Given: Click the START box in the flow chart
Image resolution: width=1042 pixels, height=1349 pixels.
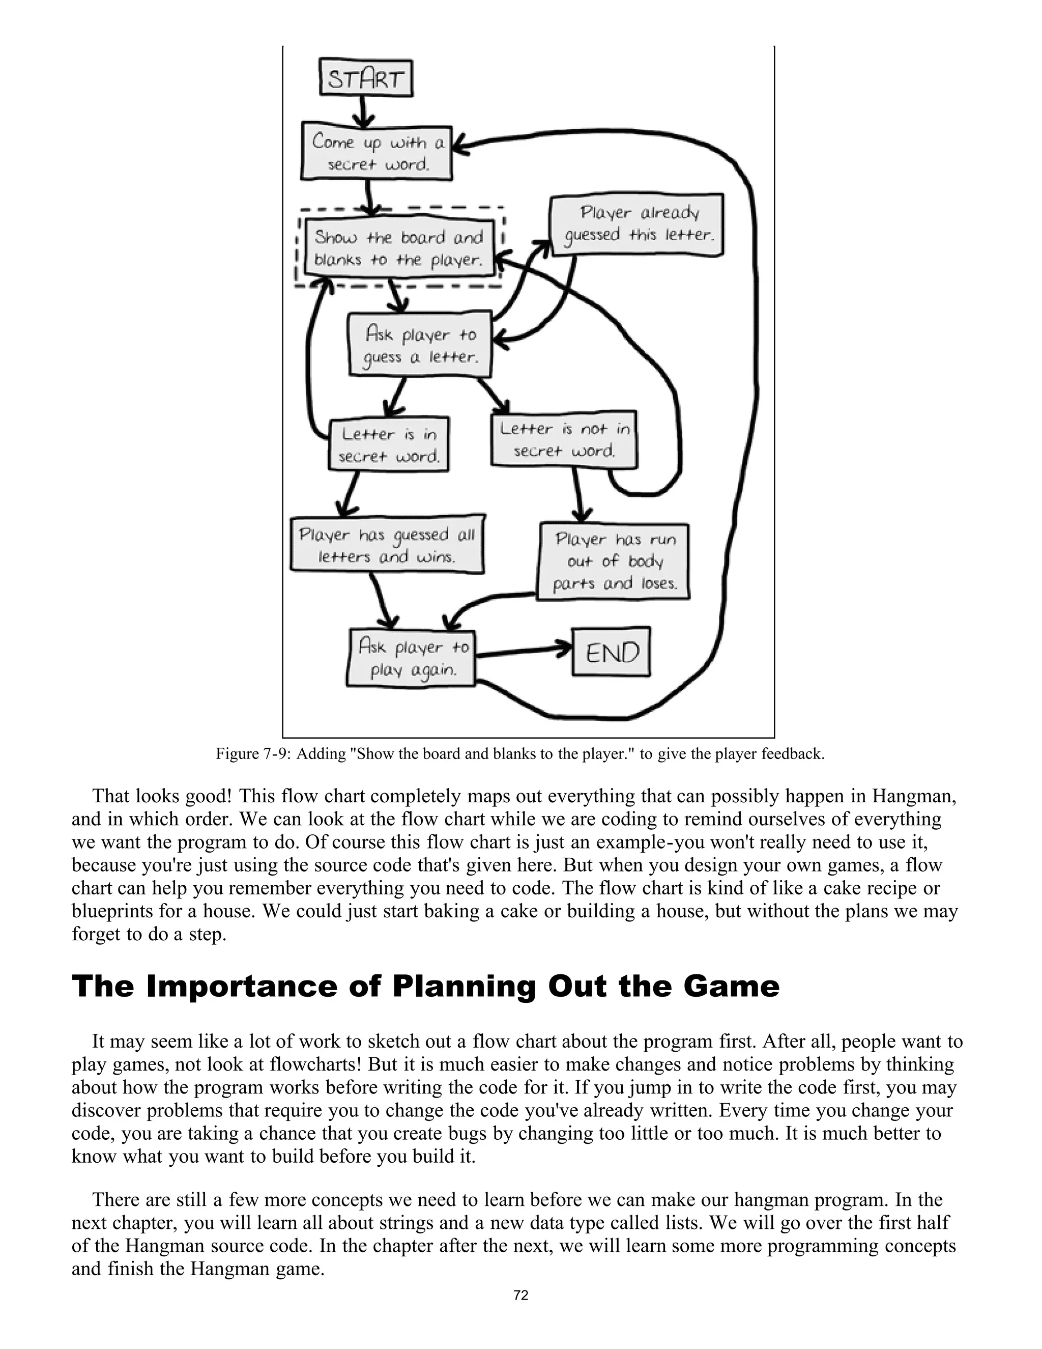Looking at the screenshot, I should pos(366,78).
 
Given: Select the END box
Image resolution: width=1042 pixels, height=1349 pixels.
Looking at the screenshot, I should pos(611,652).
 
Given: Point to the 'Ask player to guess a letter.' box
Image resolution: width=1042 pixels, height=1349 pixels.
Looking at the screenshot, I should pos(420,345).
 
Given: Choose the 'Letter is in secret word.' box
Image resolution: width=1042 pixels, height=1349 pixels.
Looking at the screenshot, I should pos(388,444).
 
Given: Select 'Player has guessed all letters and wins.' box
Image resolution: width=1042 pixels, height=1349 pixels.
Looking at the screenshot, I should pos(387,545).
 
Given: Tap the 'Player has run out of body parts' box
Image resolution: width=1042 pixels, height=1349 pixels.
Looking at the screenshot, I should pos(613,561).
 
